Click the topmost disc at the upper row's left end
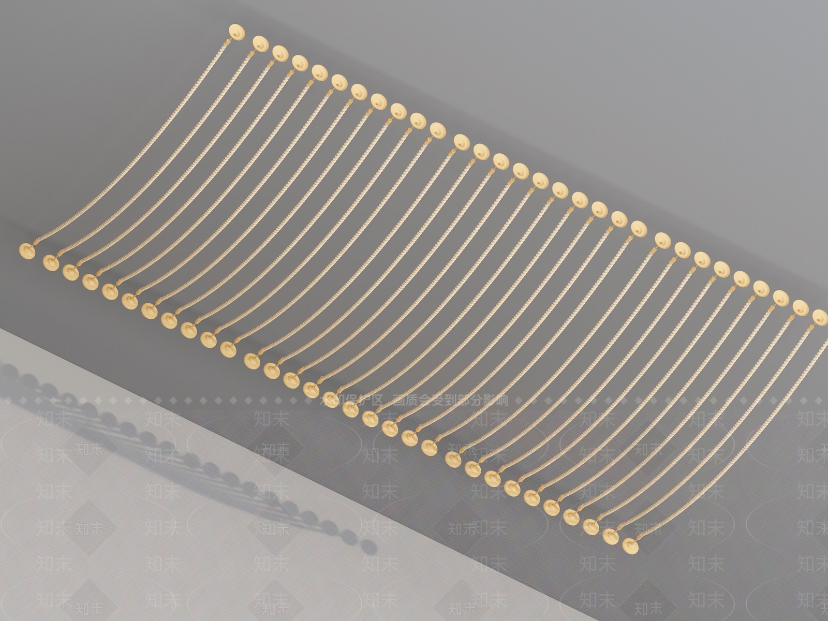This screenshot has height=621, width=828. coord(237,31)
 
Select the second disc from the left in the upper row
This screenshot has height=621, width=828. coord(260,42)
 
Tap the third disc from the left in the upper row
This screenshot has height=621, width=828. coord(280,52)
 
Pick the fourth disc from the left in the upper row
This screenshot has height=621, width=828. coord(299,62)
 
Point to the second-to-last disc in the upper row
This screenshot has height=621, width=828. coord(801,307)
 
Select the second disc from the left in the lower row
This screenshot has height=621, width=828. coord(51,262)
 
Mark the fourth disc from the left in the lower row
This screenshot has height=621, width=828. coord(90,281)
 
